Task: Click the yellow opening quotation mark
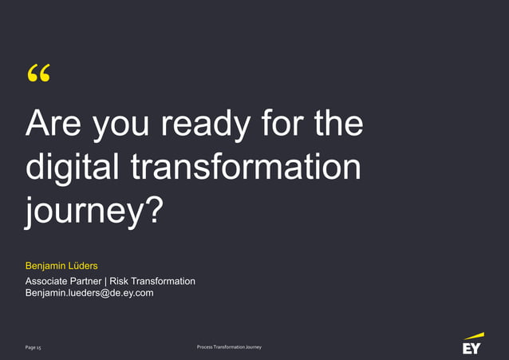pyautogui.click(x=37, y=76)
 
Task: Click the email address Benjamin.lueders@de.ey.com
pyautogui.click(x=89, y=293)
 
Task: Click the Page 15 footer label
pyautogui.click(x=34, y=348)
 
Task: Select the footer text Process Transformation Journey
pyautogui.click(x=228, y=347)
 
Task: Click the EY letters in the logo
pyautogui.click(x=472, y=349)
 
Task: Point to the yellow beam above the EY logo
pyautogui.click(x=473, y=336)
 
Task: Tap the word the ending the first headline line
pyautogui.click(x=337, y=125)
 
